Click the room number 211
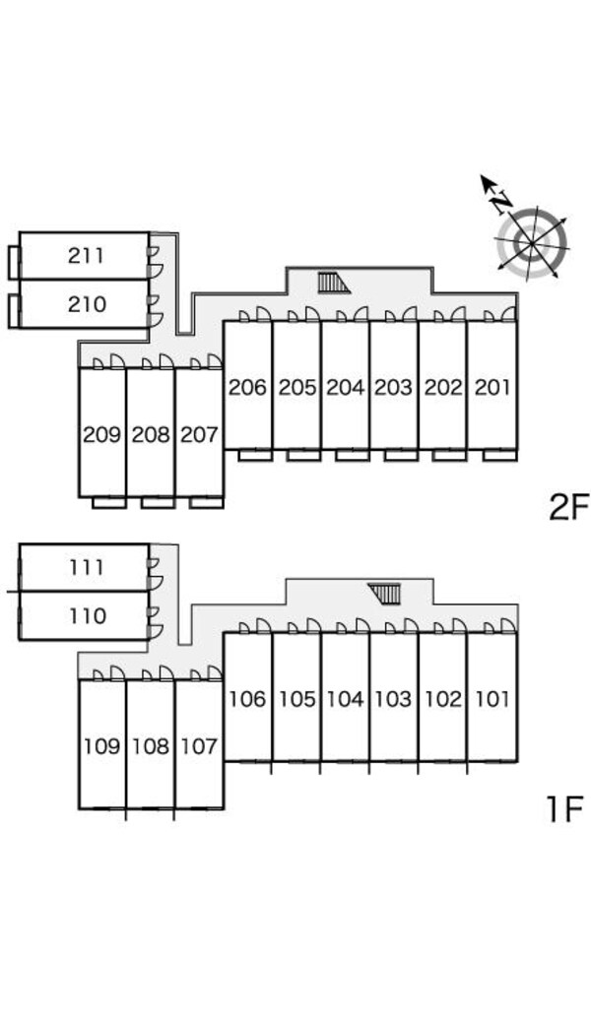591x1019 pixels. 86,255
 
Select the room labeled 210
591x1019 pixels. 87,304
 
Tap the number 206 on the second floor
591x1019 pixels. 247,387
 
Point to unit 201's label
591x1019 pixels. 492,387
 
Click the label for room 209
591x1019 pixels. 102,434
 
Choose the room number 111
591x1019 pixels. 87,567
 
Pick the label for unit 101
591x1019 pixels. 492,699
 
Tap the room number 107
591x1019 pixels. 199,746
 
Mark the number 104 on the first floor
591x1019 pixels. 345,699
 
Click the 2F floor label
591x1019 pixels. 568,507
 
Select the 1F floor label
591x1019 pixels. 563,809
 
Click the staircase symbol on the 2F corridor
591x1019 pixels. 334,284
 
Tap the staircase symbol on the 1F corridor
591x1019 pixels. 384,594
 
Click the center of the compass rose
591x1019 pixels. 532,244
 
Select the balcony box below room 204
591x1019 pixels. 353,455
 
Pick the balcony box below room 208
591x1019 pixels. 158,502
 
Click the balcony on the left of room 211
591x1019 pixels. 15,262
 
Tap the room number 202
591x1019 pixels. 443,387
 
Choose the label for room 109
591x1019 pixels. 102,746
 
